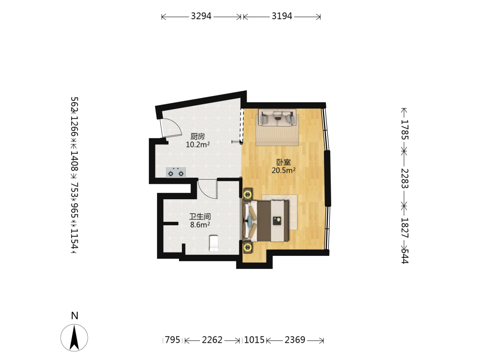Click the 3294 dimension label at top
pos(201,16)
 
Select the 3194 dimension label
pos(282,16)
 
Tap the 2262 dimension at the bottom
pos(212,340)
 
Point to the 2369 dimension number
pos(295,340)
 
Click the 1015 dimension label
pos(254,340)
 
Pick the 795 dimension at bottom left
pos(173,340)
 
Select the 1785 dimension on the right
pos(405,130)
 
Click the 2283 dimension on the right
pos(405,179)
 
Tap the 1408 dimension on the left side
pos(74,161)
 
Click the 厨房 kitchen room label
pos(197,136)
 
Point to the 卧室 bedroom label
pos(284,162)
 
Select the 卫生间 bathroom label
pos(200,217)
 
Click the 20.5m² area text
pos(284,170)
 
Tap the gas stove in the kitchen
pos(176,173)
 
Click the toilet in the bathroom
pos(214,243)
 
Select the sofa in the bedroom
pos(277,118)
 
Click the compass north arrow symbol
pos(74,337)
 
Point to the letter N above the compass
pos(74,316)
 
